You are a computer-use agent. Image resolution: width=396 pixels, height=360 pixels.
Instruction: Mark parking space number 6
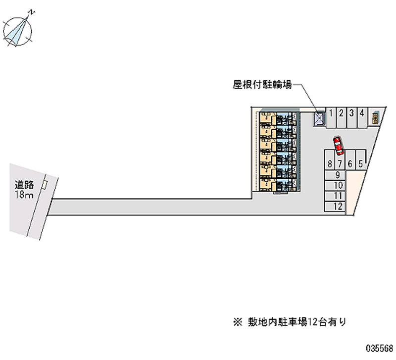(350, 163)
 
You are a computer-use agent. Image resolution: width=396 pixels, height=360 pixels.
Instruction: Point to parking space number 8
(329, 163)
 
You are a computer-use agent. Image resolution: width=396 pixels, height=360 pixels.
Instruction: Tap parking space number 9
(336, 174)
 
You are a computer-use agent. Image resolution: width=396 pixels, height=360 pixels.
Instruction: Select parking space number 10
(336, 185)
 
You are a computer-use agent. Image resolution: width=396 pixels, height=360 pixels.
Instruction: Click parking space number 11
(336, 196)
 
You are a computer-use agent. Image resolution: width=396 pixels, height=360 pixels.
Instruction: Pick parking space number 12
(336, 207)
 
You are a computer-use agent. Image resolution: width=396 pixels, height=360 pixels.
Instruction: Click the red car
(338, 145)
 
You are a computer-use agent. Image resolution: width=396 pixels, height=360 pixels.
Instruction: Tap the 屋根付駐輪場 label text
(262, 85)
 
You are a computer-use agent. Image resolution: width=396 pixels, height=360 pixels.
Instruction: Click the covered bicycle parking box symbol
(318, 118)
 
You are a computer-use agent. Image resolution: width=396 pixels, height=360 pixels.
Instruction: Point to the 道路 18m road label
(23, 190)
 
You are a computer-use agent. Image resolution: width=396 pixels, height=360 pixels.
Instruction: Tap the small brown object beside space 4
(375, 118)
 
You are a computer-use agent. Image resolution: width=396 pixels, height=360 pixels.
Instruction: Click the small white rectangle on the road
(45, 184)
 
